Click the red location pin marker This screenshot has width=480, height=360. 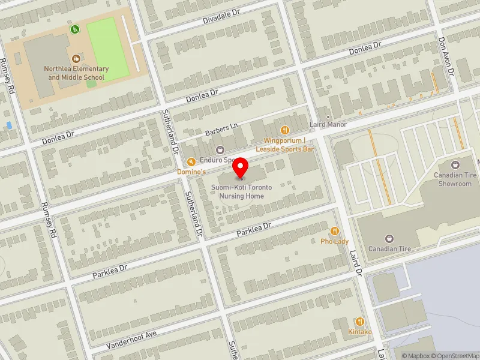(x=241, y=168)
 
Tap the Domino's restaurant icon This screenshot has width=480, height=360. (x=191, y=161)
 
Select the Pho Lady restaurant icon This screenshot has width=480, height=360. (x=335, y=231)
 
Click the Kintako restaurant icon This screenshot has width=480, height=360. (x=360, y=322)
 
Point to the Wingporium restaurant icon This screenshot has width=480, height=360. (x=286, y=130)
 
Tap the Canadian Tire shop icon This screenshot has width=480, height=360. (x=389, y=239)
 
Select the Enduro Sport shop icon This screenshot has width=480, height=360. (x=220, y=150)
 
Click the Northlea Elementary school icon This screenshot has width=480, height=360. (x=76, y=58)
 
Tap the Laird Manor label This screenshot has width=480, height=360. (x=328, y=125)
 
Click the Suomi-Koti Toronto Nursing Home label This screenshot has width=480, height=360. (x=241, y=192)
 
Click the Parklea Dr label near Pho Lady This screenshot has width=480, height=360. (x=254, y=229)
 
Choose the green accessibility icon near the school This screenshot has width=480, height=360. (x=75, y=29)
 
